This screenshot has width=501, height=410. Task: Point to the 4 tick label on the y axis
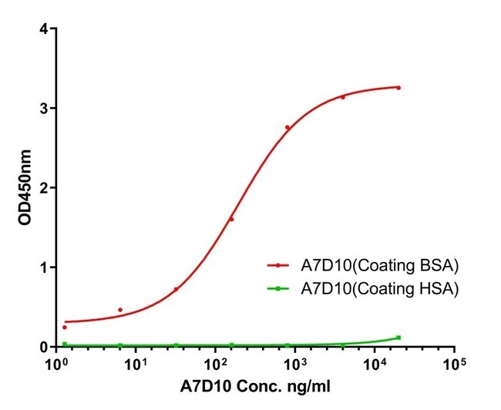tap(44, 29)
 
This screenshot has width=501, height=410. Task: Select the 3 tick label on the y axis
tap(44, 109)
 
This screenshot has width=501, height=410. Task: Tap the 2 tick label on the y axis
tap(44, 188)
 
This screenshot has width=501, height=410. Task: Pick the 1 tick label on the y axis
tap(44, 267)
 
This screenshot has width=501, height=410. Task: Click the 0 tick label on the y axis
tap(44, 347)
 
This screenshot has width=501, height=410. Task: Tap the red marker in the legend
tap(278, 266)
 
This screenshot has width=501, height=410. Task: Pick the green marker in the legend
tap(278, 288)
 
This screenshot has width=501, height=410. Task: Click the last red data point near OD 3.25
tap(398, 88)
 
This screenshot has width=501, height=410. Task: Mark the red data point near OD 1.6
tap(231, 220)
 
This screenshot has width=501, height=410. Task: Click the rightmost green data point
tap(398, 338)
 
